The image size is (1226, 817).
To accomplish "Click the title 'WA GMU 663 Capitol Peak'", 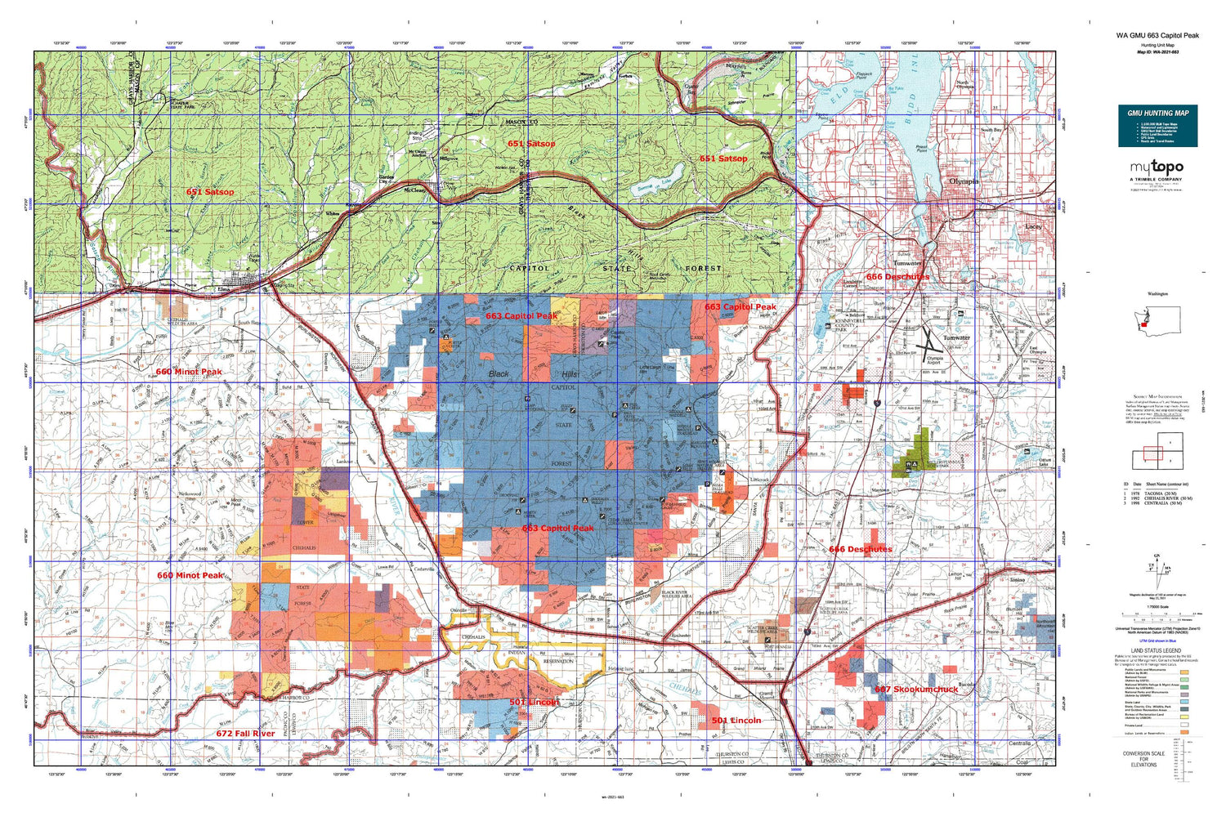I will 1157,35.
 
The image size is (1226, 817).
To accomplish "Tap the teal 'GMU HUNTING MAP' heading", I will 1157,113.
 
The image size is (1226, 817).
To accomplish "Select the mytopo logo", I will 1156,168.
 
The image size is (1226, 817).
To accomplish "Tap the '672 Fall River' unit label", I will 245,734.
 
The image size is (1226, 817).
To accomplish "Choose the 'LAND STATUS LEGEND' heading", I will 1154,650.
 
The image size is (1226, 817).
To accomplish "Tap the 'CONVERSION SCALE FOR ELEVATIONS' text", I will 1143,759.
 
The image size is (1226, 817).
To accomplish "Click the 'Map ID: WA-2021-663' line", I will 1157,51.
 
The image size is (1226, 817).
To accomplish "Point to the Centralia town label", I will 1018,743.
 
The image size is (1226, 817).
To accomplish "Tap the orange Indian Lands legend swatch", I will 1183,734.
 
